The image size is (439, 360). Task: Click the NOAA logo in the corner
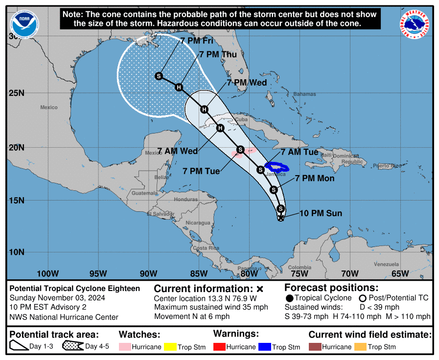(x=24, y=23)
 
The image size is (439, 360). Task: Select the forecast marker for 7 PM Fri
(x=159, y=76)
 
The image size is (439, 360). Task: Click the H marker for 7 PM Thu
(x=179, y=88)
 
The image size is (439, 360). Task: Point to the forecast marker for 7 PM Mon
(x=274, y=189)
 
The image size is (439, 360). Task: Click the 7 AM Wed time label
(x=178, y=151)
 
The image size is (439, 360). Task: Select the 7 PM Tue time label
(x=201, y=171)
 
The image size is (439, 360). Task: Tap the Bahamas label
(x=304, y=94)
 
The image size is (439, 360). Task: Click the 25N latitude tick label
(x=18, y=93)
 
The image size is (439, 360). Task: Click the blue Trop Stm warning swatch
(x=264, y=347)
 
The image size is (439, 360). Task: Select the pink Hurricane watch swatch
(x=125, y=347)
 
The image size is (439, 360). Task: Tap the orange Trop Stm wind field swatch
(x=360, y=347)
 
